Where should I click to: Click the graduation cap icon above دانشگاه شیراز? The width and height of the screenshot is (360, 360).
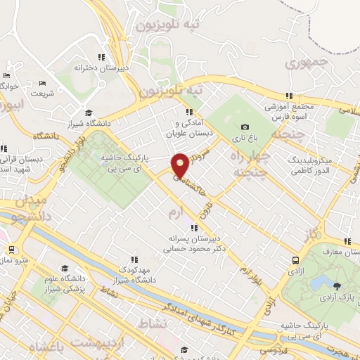click(x=89, y=112)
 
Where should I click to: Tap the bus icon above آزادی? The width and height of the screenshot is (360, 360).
click(x=295, y=260)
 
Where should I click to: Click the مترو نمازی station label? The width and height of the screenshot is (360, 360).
click(x=15, y=261)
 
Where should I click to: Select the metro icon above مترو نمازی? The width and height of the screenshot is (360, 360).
click(x=11, y=249)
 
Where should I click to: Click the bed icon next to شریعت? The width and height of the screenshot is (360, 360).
click(x=44, y=83)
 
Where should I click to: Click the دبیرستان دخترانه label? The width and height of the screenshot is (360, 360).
click(x=101, y=67)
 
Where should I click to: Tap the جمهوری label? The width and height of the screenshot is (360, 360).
click(x=307, y=63)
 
